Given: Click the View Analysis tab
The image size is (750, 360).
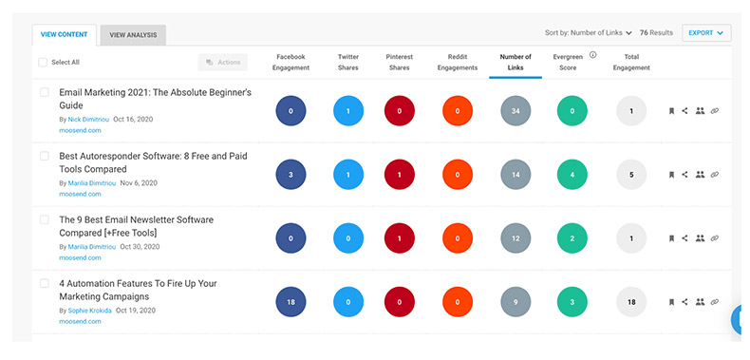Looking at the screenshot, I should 133,35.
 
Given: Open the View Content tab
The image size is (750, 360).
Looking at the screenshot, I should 65,35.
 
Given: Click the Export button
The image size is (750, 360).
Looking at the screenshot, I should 705,32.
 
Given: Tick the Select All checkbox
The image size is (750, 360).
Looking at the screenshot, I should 44,63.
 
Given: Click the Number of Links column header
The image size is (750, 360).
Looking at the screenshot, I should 516,63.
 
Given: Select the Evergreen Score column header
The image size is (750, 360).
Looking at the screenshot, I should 572,63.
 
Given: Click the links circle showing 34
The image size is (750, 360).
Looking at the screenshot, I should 516,111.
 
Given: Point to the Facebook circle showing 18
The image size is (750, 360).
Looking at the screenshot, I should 291,302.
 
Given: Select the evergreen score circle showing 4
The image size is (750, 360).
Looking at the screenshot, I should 572,175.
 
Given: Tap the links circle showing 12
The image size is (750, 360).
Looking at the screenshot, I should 516,238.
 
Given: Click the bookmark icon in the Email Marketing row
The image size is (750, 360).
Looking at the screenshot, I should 670,111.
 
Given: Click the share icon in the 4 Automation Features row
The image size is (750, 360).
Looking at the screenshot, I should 684,302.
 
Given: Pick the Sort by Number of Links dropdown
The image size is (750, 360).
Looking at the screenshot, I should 589,32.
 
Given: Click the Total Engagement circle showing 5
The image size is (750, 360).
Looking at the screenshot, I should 630,175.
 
